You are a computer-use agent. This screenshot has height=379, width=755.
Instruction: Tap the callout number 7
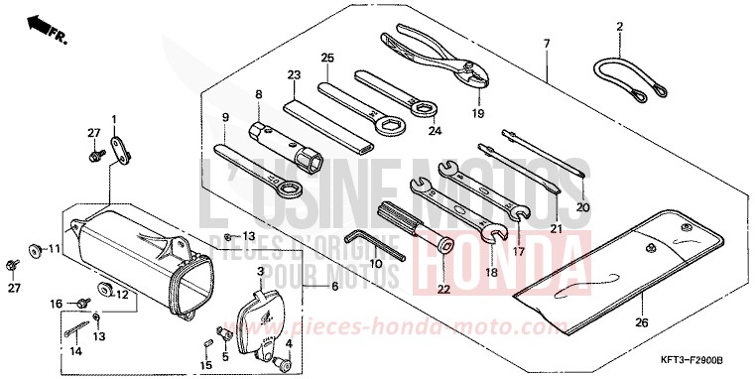tap(546, 44)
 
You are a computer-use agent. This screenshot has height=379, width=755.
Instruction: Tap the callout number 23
tap(294, 74)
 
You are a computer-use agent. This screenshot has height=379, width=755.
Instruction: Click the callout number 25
tap(326, 58)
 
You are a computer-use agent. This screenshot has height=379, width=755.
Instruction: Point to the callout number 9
tap(225, 117)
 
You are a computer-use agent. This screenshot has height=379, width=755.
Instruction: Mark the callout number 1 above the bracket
tap(114, 119)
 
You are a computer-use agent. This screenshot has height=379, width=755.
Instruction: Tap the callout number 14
tap(75, 351)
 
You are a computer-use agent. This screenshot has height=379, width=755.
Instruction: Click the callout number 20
tap(582, 207)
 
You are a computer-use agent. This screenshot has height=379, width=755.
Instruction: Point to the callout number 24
tap(435, 129)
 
